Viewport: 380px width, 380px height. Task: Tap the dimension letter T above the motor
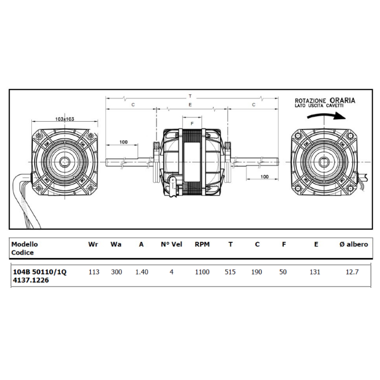point(190,96)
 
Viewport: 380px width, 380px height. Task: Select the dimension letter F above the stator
point(192,123)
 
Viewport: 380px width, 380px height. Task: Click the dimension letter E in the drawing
point(190,104)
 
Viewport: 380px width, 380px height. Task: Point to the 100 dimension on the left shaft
point(123,142)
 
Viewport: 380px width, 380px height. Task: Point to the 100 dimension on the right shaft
point(265,176)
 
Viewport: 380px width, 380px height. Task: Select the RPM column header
point(202,245)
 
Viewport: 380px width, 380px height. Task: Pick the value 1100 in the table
point(202,272)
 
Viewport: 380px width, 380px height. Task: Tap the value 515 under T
point(230,272)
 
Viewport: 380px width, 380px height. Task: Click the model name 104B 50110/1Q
point(39,272)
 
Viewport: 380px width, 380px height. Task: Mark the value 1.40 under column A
point(141,272)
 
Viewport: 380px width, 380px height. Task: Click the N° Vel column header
point(171,245)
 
